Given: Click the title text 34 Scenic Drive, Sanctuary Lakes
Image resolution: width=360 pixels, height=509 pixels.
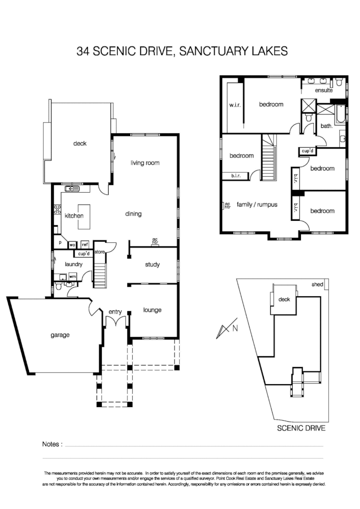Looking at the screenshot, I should tap(182, 51).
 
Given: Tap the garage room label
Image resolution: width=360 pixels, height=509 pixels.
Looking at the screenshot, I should tap(61, 335).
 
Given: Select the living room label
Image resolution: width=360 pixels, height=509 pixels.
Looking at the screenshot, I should tap(145, 163).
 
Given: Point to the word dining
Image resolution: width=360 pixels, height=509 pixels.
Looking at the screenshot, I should tap(133, 214).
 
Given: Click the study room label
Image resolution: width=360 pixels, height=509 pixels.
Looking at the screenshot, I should tap(152, 265).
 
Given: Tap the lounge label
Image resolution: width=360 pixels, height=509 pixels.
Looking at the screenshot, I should tap(152, 310).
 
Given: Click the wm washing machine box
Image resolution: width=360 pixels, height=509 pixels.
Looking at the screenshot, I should tap(73, 277).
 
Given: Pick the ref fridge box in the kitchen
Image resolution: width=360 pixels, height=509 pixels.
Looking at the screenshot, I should tap(85, 244).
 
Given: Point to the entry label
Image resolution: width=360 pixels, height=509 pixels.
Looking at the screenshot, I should tap(115, 312).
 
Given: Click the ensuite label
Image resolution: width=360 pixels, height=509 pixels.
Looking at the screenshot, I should tap(324, 90).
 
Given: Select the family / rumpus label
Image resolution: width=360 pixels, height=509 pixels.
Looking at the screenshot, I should tap(257, 205).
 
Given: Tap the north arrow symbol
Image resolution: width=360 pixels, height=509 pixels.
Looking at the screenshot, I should tap(225, 328).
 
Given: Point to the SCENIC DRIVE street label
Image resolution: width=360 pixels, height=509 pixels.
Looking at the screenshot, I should tap(301, 427).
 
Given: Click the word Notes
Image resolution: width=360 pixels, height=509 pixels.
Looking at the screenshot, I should tap(52, 444).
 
